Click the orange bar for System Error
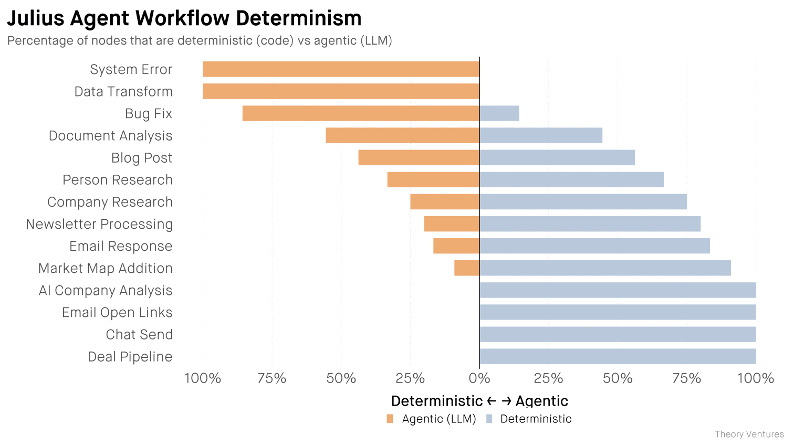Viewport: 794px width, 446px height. [341, 69]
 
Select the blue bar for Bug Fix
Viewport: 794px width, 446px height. [499, 113]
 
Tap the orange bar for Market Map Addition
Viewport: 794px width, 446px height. [466, 268]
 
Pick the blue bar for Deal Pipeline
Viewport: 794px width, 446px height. [618, 357]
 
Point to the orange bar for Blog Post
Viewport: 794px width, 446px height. [419, 157]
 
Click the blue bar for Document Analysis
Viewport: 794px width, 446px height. [540, 135]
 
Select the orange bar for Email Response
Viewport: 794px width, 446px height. [456, 246]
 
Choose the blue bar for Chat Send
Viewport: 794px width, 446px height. [618, 334]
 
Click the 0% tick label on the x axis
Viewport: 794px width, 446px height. [479, 378]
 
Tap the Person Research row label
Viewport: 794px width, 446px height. [117, 180]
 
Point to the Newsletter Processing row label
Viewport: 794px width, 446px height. [99, 224]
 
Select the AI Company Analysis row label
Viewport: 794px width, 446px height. [105, 291]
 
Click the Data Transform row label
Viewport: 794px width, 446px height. [123, 92]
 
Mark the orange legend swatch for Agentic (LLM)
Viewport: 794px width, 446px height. [390, 419]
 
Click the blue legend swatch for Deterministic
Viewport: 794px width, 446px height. [489, 419]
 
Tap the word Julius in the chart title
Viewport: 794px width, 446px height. [35, 18]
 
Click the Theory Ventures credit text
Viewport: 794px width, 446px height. [749, 434]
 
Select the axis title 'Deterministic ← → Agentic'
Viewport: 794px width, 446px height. [479, 401]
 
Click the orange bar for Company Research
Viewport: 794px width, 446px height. [444, 202]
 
